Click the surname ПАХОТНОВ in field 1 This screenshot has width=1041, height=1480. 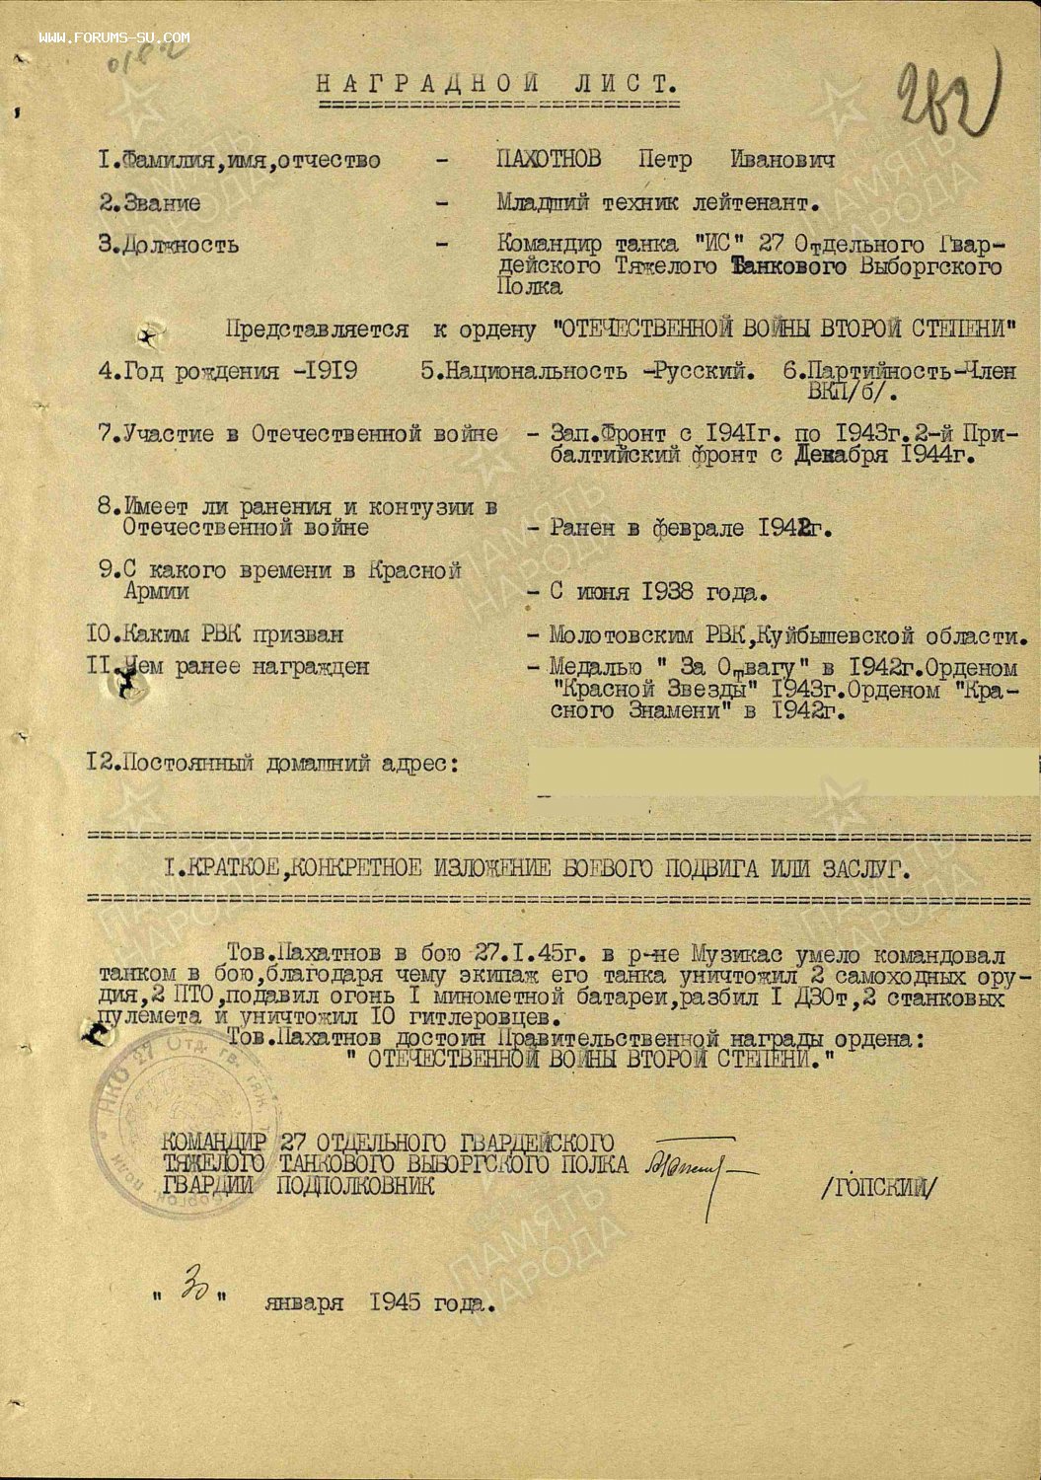click(549, 160)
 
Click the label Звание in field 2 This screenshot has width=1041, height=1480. click(163, 203)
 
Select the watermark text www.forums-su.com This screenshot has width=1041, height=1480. click(114, 37)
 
